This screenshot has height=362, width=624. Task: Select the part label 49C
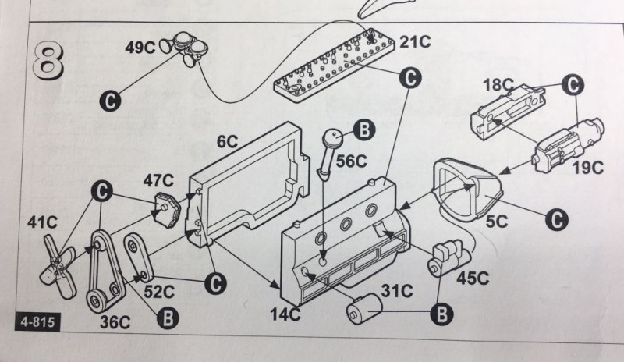(x=140, y=46)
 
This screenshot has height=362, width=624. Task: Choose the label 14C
(x=285, y=314)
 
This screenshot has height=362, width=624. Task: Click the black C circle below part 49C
(x=112, y=100)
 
